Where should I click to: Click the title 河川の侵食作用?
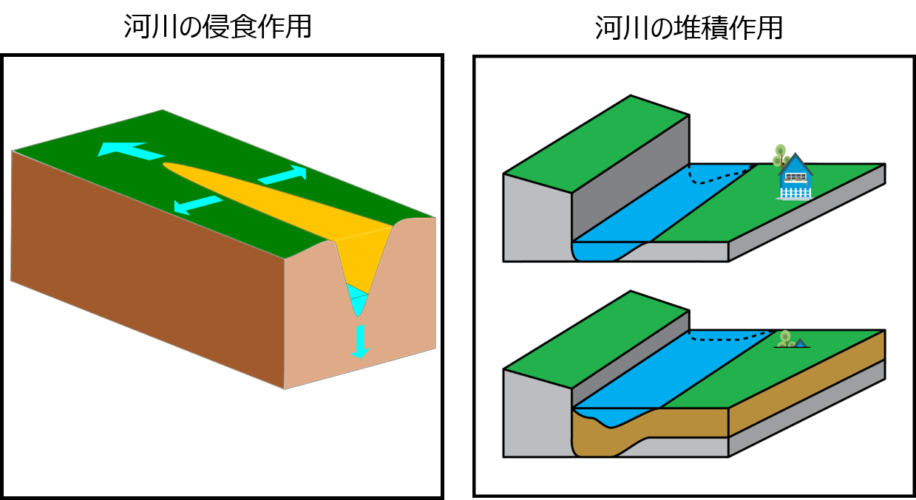tap(217, 27)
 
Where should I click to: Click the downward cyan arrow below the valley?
tap(360, 341)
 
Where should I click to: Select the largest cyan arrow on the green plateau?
tap(129, 151)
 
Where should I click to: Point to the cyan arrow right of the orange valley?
tap(282, 175)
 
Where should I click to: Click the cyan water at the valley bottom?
tap(357, 299)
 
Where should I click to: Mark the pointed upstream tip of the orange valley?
tap(167, 165)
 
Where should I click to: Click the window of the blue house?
tap(795, 177)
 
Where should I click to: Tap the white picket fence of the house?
tap(796, 193)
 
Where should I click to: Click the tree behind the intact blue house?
tap(779, 155)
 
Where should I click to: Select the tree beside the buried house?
tap(786, 338)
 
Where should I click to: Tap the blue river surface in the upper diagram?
tap(651, 207)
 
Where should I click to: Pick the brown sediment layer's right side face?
tap(806, 392)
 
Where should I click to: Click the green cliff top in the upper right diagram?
tap(595, 144)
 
